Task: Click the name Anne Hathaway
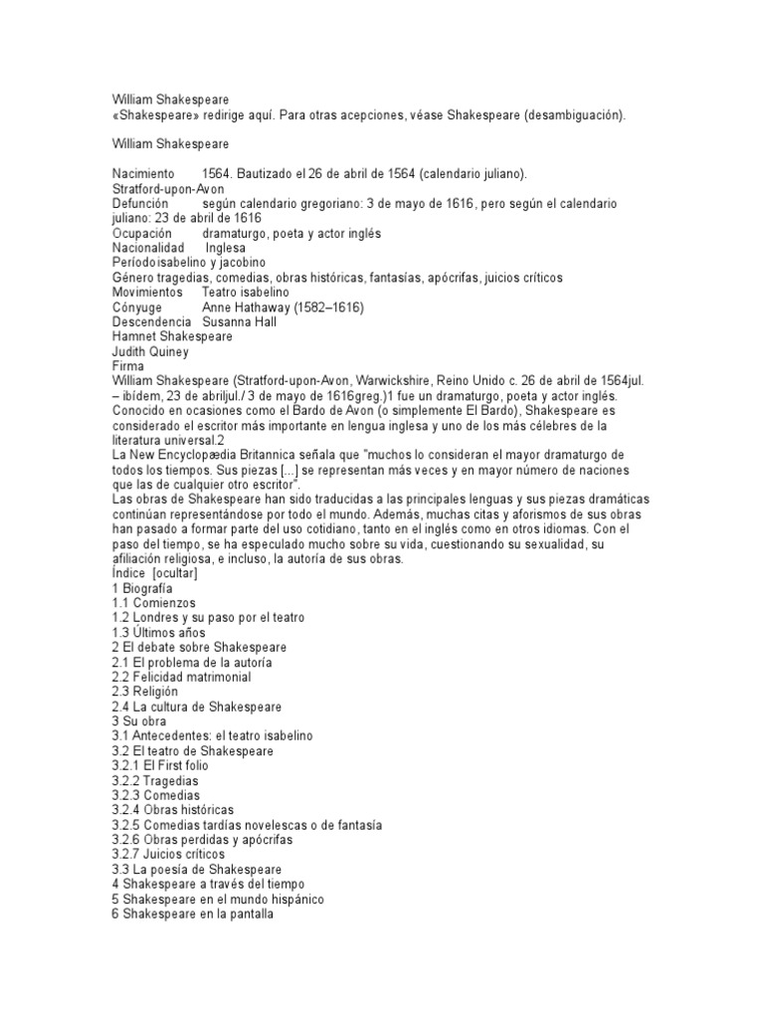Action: (248, 307)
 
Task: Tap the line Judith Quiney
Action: (151, 351)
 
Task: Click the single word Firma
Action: (128, 366)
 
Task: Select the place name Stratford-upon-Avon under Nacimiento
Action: (168, 188)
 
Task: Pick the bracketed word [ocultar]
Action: (175, 574)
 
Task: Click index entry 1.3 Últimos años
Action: (158, 633)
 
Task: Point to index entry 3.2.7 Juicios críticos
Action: (168, 854)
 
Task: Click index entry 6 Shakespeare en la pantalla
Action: (192, 914)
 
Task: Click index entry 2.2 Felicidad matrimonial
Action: (181, 677)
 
